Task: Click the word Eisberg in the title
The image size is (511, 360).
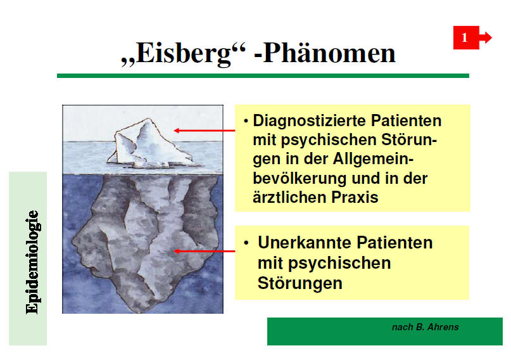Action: [x=183, y=53]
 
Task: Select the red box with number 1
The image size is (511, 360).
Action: [x=466, y=37]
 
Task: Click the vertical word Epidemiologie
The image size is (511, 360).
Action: [x=32, y=262]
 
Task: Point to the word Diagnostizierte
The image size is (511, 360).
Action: [x=310, y=121]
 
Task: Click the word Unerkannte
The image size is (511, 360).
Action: [x=305, y=243]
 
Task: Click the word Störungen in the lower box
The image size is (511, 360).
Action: [x=300, y=283]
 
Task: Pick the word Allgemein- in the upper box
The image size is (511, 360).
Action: [x=373, y=160]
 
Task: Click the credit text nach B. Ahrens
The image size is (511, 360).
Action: [x=426, y=327]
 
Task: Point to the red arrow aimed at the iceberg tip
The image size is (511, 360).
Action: [x=205, y=131]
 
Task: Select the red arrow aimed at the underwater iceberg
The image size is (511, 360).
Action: [x=205, y=251]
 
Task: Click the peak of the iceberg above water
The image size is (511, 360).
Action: [x=149, y=119]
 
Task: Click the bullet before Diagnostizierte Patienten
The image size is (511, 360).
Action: [x=246, y=121]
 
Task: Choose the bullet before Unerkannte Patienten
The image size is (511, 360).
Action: [x=246, y=243]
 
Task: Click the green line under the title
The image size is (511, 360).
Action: [x=263, y=75]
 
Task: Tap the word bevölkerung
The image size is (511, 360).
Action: [x=298, y=178]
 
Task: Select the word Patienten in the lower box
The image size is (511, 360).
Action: [x=394, y=243]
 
